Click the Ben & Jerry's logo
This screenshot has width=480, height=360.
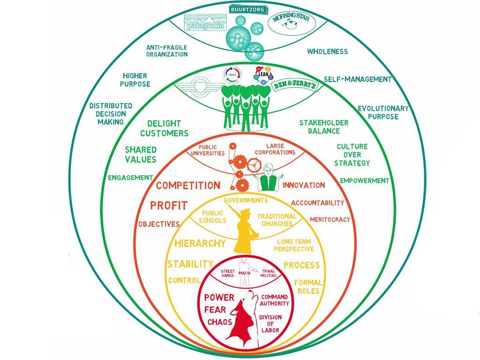(291, 87)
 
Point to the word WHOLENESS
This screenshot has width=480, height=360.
(327, 51)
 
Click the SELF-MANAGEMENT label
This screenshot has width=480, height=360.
(357, 79)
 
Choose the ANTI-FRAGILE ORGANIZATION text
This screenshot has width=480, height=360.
(167, 51)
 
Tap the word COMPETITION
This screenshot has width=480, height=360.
(187, 185)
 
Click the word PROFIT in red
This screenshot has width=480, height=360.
(169, 205)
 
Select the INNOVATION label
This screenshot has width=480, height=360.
(303, 185)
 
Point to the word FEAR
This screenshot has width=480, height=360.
(216, 310)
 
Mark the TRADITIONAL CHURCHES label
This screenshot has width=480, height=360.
(277, 220)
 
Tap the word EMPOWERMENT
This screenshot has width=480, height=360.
(365, 180)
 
